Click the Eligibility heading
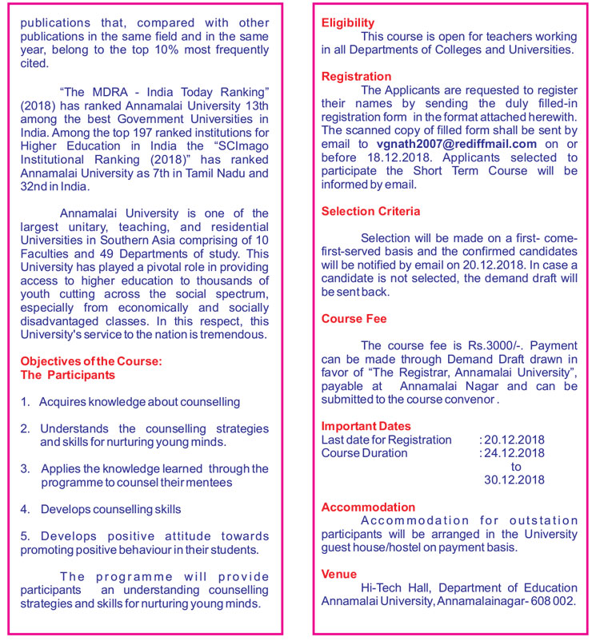point(347,23)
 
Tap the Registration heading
point(356,77)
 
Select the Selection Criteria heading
point(370,212)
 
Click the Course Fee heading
point(354,319)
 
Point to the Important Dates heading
point(366,426)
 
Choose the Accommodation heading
point(368,508)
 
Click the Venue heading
point(338,574)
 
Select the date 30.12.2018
point(514,480)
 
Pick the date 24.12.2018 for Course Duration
point(514,453)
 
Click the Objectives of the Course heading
point(90,361)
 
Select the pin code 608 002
point(551,601)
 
